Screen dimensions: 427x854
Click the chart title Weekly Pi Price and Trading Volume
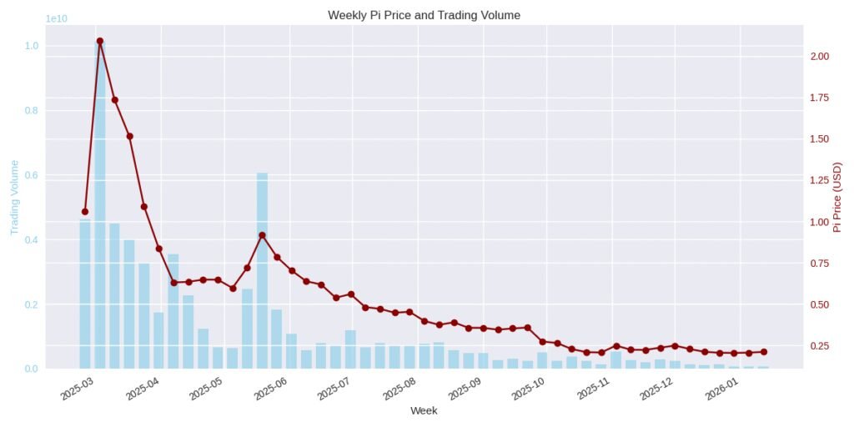(x=424, y=15)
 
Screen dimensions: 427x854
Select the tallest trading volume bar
(x=100, y=208)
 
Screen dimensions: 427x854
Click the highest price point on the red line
(x=100, y=41)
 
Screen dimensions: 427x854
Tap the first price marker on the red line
(x=85, y=212)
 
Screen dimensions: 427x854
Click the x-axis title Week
(x=424, y=410)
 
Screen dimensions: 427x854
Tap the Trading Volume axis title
(x=14, y=197)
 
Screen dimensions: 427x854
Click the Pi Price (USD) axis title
(x=838, y=197)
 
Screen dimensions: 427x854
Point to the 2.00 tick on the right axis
(x=818, y=57)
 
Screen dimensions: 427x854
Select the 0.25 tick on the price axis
(x=818, y=346)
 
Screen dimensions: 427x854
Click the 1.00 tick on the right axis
(x=818, y=222)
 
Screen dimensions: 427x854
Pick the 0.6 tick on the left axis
(x=30, y=175)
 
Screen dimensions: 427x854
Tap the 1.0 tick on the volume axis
(x=30, y=46)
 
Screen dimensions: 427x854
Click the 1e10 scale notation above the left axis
(x=57, y=18)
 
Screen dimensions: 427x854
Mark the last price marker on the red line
(x=763, y=352)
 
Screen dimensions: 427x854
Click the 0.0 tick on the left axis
(x=30, y=369)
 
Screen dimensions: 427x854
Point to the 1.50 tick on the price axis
(x=818, y=139)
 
